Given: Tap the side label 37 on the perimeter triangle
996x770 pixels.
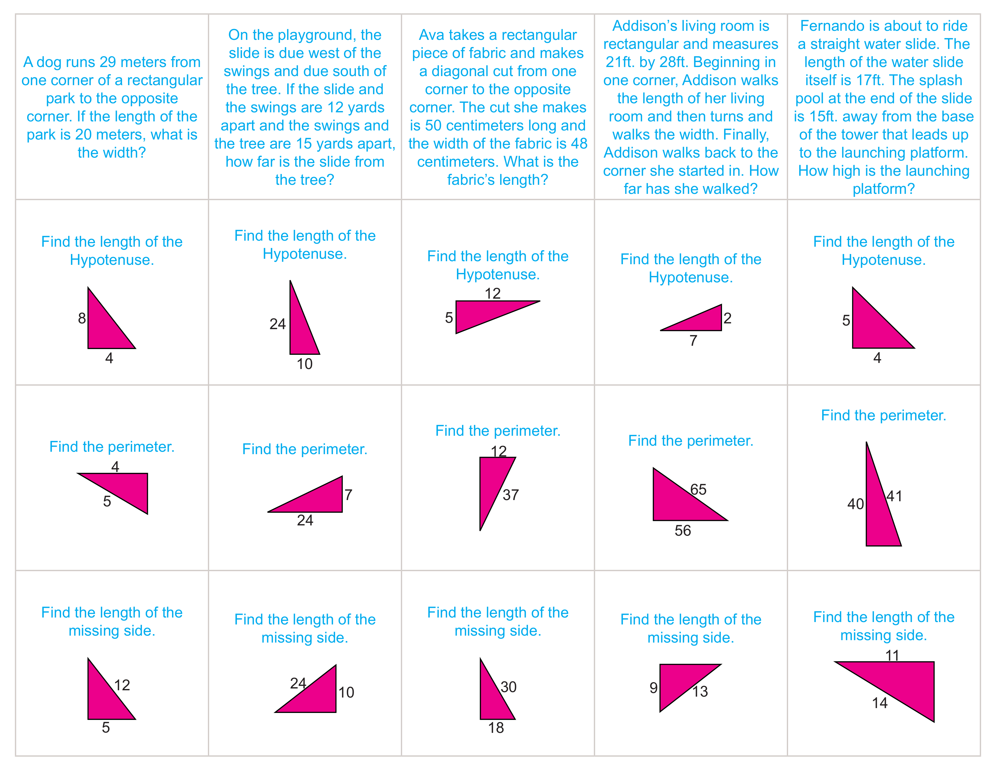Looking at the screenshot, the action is click(511, 495).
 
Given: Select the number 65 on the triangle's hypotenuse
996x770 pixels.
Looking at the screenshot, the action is click(698, 489).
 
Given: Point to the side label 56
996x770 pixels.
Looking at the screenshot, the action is click(683, 531).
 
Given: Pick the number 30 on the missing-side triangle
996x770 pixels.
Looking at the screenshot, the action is click(509, 687).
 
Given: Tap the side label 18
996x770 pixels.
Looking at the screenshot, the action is click(496, 728).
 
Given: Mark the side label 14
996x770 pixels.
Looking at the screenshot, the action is click(880, 703).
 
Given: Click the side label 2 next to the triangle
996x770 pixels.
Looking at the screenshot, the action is click(727, 318).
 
